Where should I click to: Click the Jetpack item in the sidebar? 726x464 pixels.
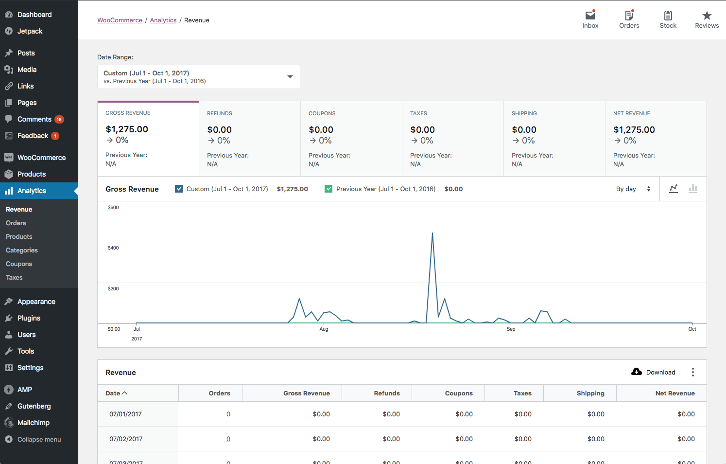tap(30, 31)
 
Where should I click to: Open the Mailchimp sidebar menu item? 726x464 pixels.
tap(33, 423)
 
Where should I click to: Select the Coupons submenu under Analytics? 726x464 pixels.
tap(19, 264)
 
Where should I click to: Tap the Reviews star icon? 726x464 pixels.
tap(707, 16)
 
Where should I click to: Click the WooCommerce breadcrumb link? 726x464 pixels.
tap(120, 20)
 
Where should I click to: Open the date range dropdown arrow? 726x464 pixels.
tap(290, 77)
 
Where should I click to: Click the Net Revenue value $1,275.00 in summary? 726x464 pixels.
tap(634, 130)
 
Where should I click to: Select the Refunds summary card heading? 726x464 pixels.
tap(220, 113)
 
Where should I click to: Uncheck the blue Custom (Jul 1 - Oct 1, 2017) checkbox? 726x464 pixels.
tap(179, 189)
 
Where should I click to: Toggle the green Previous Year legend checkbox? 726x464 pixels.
tap(328, 189)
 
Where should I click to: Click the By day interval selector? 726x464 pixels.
tap(633, 189)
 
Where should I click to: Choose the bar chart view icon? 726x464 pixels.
tap(693, 189)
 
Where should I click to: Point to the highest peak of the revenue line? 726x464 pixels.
tap(432, 233)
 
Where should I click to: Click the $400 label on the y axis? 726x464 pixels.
tap(113, 248)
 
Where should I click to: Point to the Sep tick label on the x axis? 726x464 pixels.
tap(511, 329)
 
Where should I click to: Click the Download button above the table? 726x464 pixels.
tap(654, 373)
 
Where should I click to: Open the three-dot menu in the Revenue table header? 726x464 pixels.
tap(692, 373)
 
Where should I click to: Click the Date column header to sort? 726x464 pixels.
tap(116, 393)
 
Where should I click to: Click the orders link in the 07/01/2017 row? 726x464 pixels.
tap(228, 414)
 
